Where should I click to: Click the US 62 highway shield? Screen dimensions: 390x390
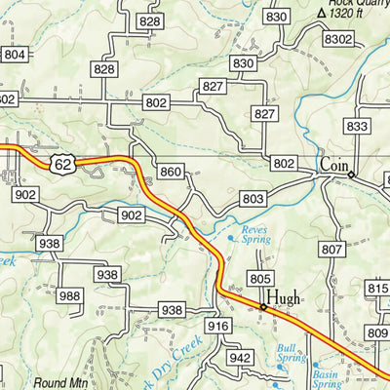(63, 165)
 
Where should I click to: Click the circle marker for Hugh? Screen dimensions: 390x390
(262, 307)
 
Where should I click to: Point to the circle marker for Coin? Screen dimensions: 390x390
(352, 175)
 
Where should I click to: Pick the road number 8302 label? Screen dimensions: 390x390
(338, 38)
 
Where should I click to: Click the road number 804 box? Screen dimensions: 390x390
(15, 55)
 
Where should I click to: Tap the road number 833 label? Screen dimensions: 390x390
(358, 127)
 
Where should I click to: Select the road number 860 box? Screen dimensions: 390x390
(171, 173)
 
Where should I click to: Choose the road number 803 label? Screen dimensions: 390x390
(253, 199)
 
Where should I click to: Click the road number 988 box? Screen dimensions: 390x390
(69, 296)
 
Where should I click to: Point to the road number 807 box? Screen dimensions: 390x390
(332, 250)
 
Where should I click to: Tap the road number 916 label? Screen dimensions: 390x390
(218, 326)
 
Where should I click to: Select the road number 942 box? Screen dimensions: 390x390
(240, 358)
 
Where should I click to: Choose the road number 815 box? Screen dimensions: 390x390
(377, 289)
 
